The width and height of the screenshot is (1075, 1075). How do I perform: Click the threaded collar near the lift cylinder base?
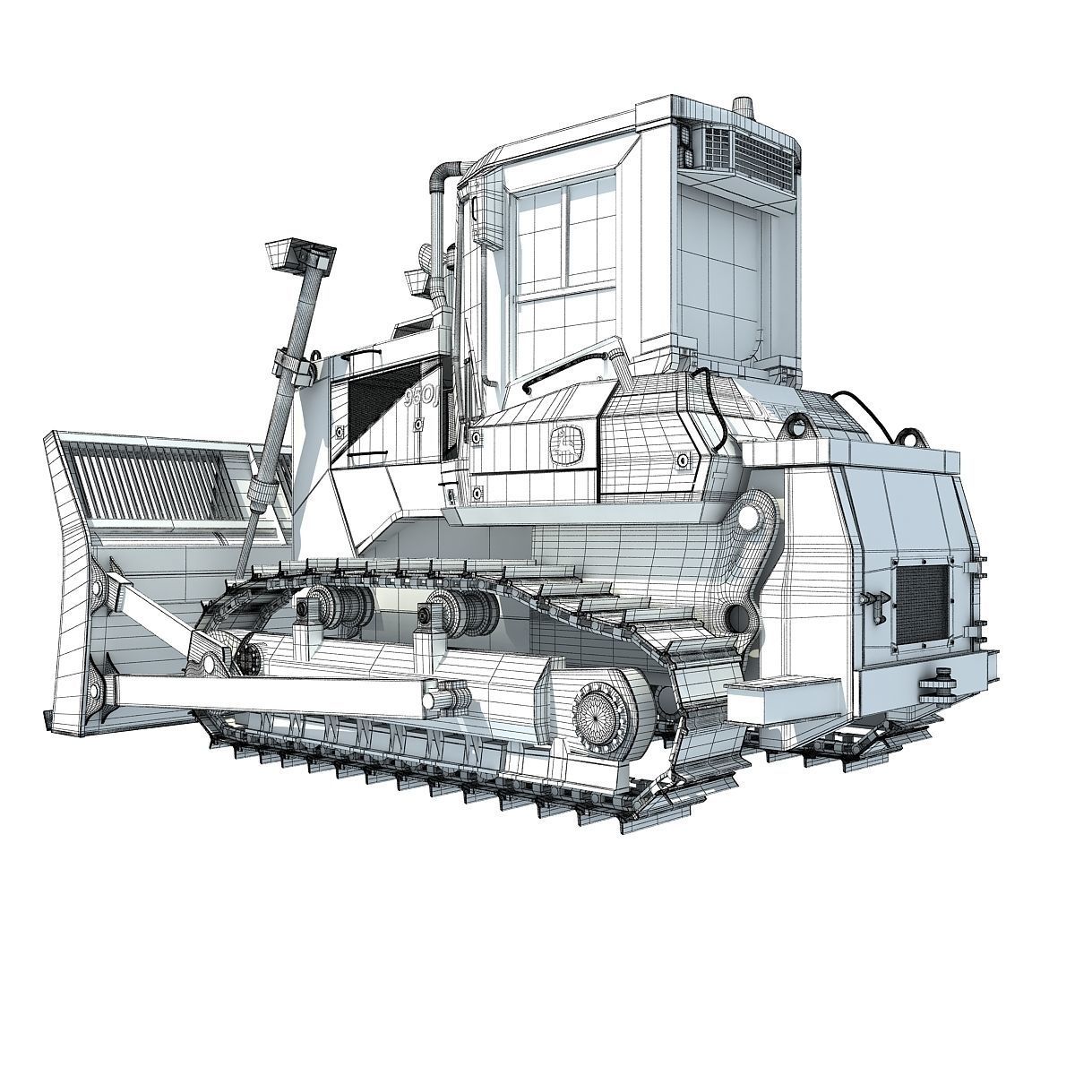click(262, 494)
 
